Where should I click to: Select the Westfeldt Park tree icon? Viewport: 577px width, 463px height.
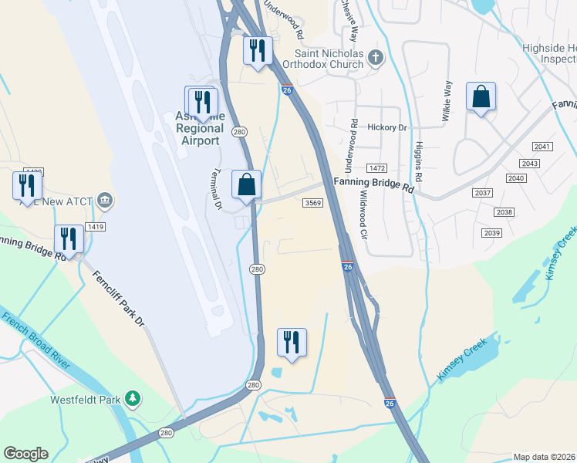coord(134,397)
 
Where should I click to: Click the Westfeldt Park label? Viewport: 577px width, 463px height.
coord(86,400)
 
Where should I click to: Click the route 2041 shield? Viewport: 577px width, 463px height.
coord(543,147)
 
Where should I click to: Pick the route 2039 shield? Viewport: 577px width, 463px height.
coord(491,233)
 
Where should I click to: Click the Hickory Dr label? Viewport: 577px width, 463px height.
coord(387,127)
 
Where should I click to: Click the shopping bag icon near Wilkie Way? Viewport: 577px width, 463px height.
coord(481,97)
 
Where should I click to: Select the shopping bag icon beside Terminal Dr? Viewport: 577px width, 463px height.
coord(247,185)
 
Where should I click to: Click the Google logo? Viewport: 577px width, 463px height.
coord(26,454)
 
